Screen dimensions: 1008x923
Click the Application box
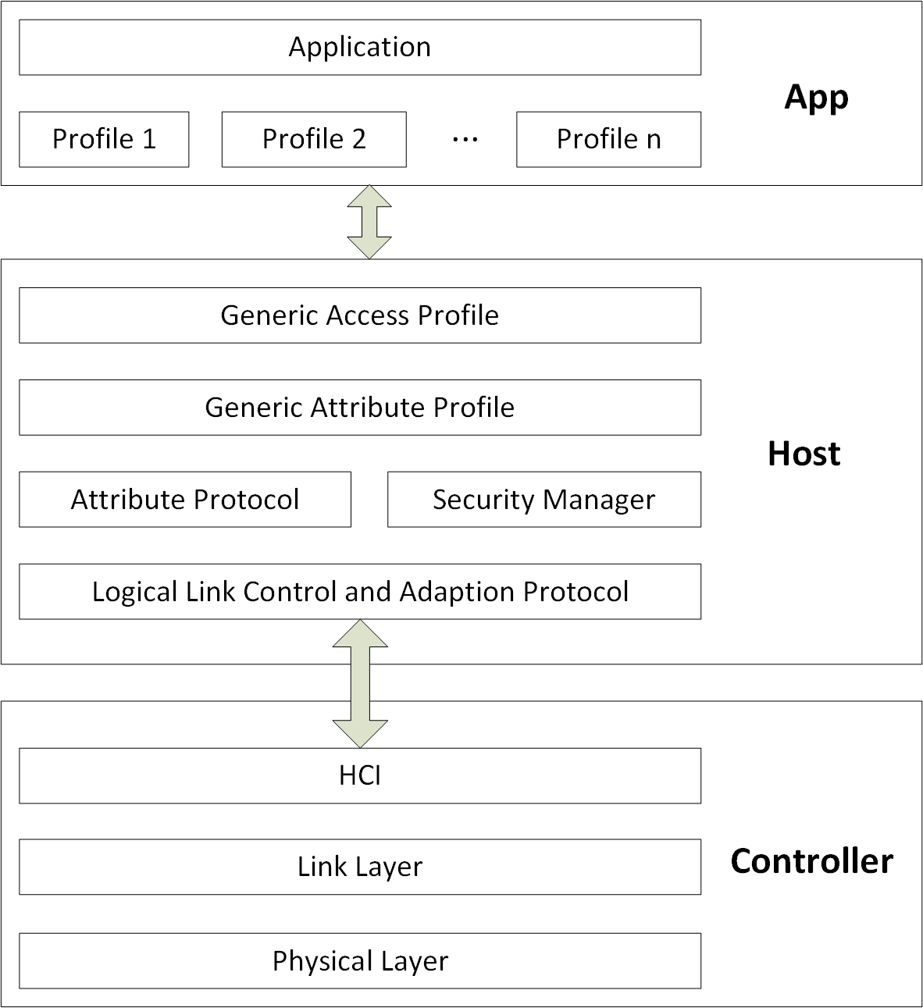point(360,48)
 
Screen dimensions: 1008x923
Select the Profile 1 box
point(104,140)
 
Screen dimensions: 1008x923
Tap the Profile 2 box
point(314,140)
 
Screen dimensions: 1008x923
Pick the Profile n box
point(608,140)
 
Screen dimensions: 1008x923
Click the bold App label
point(816,98)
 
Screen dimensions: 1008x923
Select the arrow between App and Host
point(369,222)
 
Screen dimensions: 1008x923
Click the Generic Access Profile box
point(360,315)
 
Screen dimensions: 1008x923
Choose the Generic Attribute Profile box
point(360,408)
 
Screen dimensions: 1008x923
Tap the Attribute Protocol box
point(185,500)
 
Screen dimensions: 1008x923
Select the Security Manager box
point(544,500)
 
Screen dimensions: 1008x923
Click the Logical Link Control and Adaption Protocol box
point(360,592)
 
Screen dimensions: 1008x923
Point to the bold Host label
point(804,454)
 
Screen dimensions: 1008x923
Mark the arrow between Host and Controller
point(360,683)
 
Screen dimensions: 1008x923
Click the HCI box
point(360,776)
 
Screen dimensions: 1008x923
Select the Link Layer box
point(360,867)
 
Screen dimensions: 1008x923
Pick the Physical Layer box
point(360,961)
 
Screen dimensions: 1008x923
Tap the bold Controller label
point(811,862)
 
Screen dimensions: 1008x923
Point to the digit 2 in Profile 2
point(358,140)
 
